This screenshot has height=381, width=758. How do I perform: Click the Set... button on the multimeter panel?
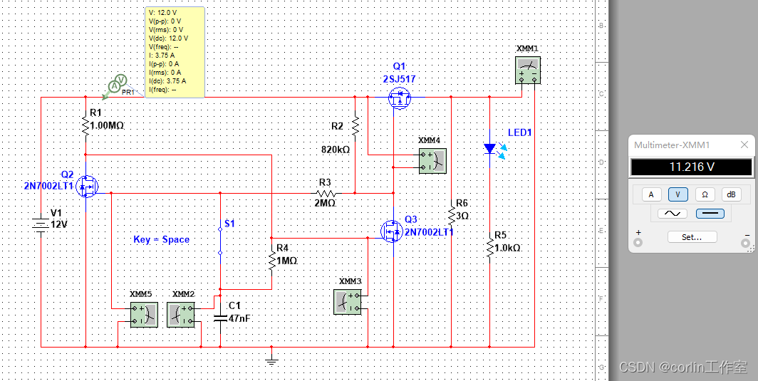pyautogui.click(x=691, y=237)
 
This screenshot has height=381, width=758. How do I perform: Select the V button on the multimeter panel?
pyautogui.click(x=677, y=194)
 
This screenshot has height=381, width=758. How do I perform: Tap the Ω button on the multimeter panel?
pyautogui.click(x=705, y=194)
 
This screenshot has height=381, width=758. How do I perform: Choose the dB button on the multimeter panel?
pyautogui.click(x=731, y=194)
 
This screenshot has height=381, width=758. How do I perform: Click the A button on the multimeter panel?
pyautogui.click(x=650, y=194)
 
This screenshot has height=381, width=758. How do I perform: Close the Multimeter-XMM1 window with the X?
pyautogui.click(x=744, y=145)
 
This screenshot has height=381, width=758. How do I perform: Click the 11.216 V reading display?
pyautogui.click(x=690, y=167)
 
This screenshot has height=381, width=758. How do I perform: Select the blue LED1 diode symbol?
pyautogui.click(x=489, y=149)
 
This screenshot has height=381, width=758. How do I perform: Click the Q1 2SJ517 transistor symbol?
pyautogui.click(x=400, y=97)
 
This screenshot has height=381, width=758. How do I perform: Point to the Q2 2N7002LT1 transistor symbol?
pyautogui.click(x=88, y=187)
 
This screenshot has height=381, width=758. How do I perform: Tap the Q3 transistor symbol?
pyautogui.click(x=391, y=231)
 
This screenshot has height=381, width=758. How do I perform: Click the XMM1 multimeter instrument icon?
pyautogui.click(x=528, y=71)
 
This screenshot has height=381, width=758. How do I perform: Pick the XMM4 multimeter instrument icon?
pyautogui.click(x=432, y=161)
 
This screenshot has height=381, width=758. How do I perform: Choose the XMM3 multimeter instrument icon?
pyautogui.click(x=347, y=302)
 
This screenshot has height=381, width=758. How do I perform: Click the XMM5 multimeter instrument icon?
pyautogui.click(x=143, y=313)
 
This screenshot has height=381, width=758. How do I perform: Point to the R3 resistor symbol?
pyautogui.click(x=326, y=193)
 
